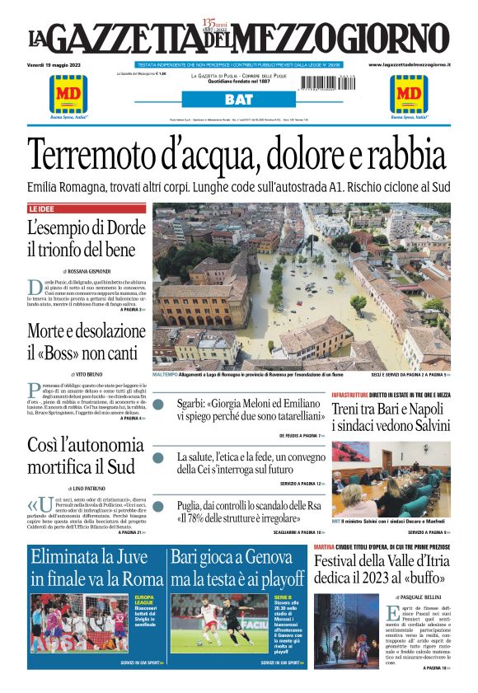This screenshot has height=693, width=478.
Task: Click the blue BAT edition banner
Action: pos(238,100)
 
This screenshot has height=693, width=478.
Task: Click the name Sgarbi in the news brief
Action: pos(192,404)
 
